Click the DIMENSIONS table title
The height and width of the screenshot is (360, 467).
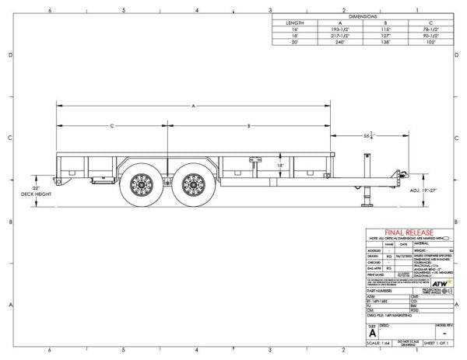point(363,15)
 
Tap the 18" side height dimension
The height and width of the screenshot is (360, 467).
point(258,166)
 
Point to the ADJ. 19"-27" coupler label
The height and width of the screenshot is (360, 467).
point(423,189)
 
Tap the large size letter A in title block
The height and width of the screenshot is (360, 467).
point(371,331)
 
